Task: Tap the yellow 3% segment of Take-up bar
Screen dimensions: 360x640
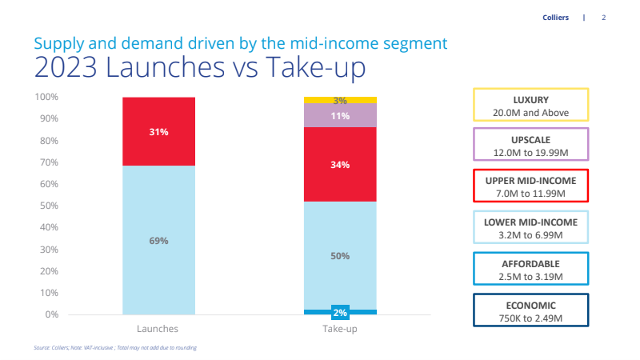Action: (340, 101)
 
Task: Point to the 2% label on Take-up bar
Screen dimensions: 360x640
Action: (340, 313)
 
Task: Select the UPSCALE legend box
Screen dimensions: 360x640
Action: (530, 145)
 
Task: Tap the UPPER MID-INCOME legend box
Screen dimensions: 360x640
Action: (530, 186)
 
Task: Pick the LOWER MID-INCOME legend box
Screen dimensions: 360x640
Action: (530, 227)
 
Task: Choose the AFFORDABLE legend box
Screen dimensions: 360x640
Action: (530, 269)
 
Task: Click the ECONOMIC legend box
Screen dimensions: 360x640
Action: (530, 310)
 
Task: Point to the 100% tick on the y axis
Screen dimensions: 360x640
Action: (46, 98)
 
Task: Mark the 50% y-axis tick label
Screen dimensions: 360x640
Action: (49, 206)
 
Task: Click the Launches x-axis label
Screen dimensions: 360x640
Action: (158, 329)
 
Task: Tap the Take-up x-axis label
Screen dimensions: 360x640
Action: (340, 329)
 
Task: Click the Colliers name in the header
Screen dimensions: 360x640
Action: (554, 17)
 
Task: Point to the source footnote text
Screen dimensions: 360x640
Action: (115, 348)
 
